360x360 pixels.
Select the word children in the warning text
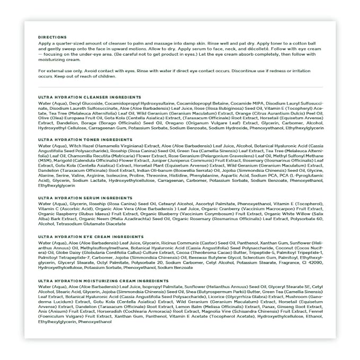(105, 76)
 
